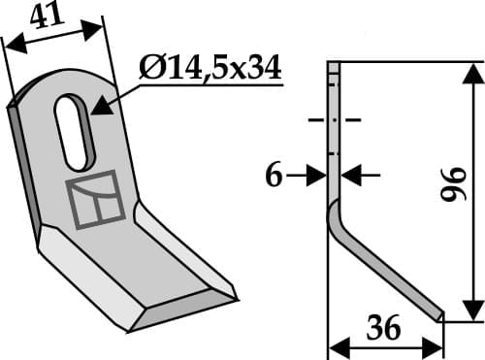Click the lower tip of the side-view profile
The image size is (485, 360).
[439, 314]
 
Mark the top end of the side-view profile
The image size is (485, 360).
[333, 66]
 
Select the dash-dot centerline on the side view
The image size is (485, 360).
[333, 121]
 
